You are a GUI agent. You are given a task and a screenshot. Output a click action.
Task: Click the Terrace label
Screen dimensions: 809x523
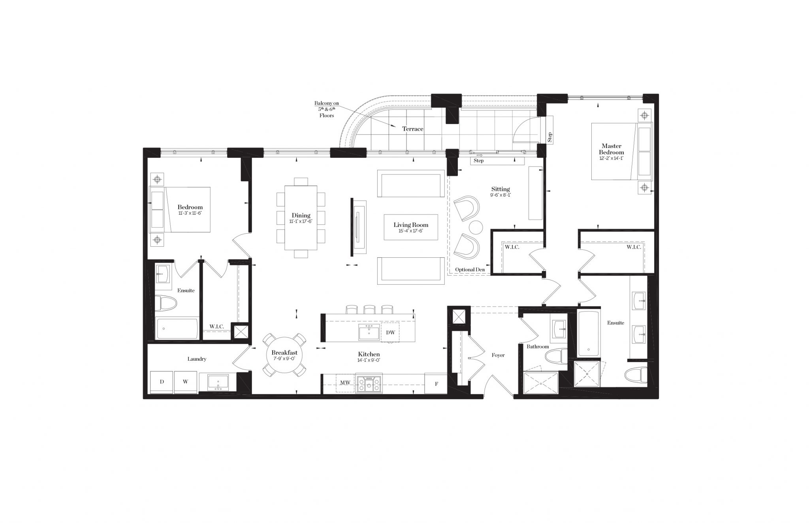[x=413, y=129]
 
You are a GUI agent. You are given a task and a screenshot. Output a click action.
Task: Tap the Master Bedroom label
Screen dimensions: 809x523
[x=611, y=149]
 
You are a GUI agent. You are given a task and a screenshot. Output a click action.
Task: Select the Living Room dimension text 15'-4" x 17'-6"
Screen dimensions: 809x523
[x=411, y=231]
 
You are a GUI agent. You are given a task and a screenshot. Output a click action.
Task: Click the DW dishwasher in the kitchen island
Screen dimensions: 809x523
[x=390, y=332]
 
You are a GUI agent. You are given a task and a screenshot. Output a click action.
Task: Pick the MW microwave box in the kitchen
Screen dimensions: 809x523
[x=345, y=382]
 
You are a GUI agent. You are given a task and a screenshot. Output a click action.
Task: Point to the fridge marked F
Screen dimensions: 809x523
[x=436, y=383]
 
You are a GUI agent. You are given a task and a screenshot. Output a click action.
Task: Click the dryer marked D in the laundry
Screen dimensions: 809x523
[x=162, y=382]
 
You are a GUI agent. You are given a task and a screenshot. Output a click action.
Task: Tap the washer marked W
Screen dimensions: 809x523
[x=185, y=382]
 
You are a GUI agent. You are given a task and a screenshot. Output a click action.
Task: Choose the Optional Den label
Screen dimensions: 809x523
[x=470, y=270]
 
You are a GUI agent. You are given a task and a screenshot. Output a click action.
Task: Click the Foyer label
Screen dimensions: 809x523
[x=498, y=355]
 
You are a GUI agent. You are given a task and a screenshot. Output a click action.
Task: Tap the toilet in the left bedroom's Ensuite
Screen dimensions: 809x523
[x=166, y=303]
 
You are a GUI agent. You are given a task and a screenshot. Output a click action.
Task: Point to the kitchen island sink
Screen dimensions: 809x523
[x=369, y=332]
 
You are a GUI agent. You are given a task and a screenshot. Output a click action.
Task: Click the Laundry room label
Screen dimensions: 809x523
[x=197, y=359]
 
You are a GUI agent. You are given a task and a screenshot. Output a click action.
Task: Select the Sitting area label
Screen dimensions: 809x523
[x=500, y=189]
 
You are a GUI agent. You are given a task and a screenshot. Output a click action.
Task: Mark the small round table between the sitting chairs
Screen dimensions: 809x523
[x=476, y=228]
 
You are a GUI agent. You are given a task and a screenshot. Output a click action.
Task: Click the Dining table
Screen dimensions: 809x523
[x=301, y=217]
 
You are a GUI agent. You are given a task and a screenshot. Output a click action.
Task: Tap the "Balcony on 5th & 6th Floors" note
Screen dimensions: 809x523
[x=327, y=109]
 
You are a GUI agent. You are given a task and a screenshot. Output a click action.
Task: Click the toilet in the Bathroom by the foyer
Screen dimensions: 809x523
[x=556, y=358]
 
